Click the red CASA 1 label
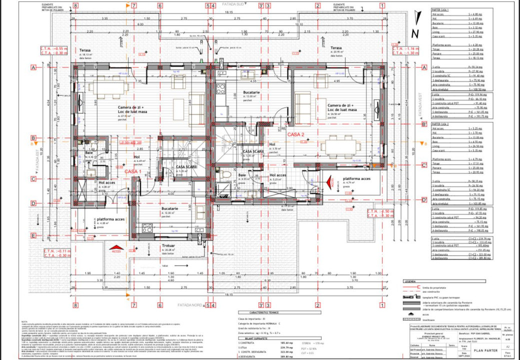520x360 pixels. point(133,171)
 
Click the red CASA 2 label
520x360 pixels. point(296,134)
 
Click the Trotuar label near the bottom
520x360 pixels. point(168,245)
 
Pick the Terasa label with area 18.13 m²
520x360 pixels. point(84,50)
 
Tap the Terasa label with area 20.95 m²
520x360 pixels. point(336,48)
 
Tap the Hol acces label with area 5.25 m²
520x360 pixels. point(278,175)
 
